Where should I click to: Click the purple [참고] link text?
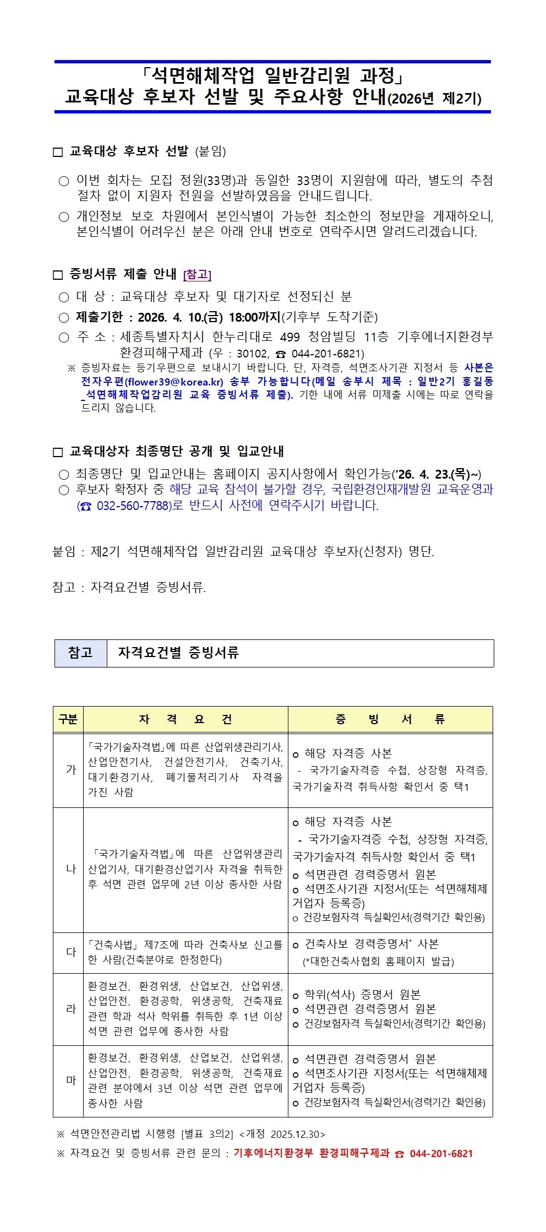(197, 274)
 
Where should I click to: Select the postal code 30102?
(252, 354)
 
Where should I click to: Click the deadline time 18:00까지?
(254, 317)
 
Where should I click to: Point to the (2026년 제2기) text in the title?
(435, 99)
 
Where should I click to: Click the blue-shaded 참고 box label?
(80, 653)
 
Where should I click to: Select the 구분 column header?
(68, 719)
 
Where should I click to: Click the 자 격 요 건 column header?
(185, 719)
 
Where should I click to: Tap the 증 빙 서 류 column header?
(390, 719)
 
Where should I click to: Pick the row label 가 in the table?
(70, 769)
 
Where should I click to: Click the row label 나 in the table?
(70, 869)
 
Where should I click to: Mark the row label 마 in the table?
(70, 1080)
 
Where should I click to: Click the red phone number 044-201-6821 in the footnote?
(441, 1153)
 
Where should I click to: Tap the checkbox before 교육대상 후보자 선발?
(58, 152)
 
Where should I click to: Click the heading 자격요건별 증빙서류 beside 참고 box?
(178, 653)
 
